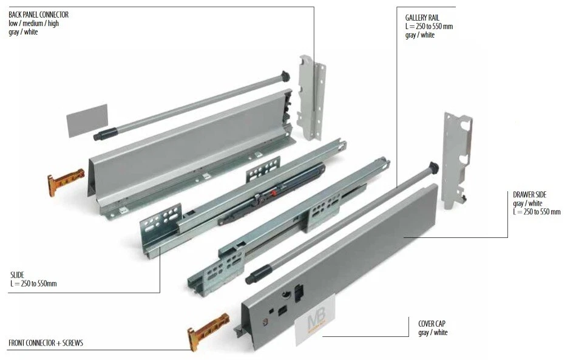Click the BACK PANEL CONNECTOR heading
pos(38,14)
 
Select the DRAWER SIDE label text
pos(529,194)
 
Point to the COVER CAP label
pos(432,324)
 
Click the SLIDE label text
pos(16,274)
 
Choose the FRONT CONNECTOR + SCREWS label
pos(46,343)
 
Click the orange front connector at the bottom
pos(207,330)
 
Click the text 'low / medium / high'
pos(33,23)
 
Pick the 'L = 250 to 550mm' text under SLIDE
pos(33,284)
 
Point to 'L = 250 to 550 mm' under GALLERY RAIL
pos(429,27)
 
